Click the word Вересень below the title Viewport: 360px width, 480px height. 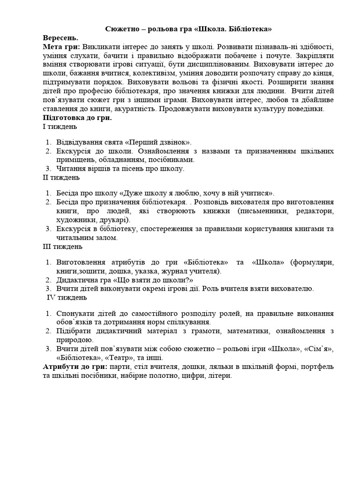pyautogui.click(x=60, y=38)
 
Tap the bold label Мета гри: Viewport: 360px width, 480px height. pyautogui.click(x=61, y=47)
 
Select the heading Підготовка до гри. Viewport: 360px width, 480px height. pyautogui.click(x=77, y=118)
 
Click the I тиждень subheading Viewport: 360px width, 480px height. pyautogui.click(x=60, y=127)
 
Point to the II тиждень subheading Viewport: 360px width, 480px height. pyautogui.click(x=61, y=177)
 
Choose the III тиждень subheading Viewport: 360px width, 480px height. pyautogui.click(x=62, y=246)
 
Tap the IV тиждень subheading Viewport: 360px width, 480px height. pyautogui.click(x=66, y=297)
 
